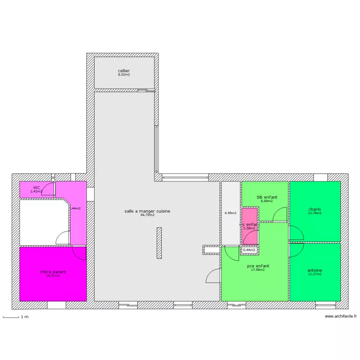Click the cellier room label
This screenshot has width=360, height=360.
(124, 71)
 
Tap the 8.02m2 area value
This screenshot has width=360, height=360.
(124, 75)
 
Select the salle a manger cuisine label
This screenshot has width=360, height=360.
(147, 211)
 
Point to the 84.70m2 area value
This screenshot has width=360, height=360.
(147, 215)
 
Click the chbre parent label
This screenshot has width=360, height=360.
(53, 272)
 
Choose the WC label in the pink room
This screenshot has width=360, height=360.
(36, 188)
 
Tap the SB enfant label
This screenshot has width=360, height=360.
(267, 197)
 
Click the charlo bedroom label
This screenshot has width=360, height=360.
(315, 209)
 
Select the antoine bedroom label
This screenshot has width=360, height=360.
(315, 270)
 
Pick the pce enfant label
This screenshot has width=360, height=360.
(258, 266)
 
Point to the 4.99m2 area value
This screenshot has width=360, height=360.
(230, 213)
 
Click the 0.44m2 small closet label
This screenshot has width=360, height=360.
(249, 250)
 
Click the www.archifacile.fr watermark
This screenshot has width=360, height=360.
(341, 316)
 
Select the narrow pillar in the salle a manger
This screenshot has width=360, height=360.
(159, 243)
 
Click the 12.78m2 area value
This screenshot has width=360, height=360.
(315, 213)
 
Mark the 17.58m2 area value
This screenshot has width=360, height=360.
(258, 270)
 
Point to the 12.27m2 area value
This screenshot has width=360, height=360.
(315, 274)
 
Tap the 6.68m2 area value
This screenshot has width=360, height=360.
(267, 201)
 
